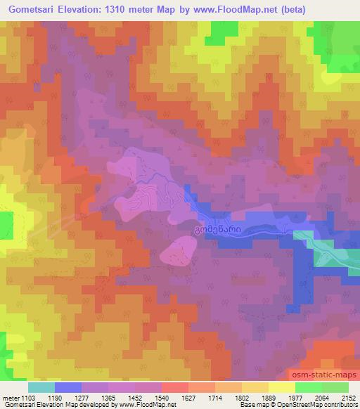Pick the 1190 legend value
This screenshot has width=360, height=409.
coord(68,398)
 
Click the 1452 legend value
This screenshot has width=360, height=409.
coord(148,398)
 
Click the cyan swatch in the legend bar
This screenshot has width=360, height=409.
coord(41,387)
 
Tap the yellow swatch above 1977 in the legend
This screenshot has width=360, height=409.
coord(281,387)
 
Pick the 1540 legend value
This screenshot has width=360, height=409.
coord(175,398)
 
